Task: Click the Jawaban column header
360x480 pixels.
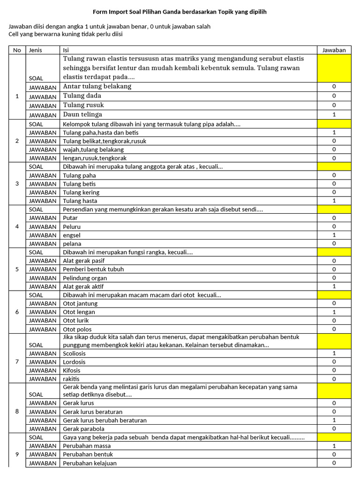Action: [334, 50]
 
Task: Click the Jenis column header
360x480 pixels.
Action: [36, 50]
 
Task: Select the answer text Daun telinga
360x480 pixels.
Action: [82, 114]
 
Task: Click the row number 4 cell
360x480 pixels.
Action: [17, 226]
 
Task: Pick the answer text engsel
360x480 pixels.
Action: [72, 235]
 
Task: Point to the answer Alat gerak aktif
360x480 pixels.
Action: [83, 286]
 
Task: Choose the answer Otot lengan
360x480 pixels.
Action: [79, 312]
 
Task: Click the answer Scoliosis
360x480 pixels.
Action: [74, 353]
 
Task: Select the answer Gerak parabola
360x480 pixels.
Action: [83, 429]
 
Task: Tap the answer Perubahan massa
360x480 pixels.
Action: [87, 446]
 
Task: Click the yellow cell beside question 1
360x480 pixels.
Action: [334, 68]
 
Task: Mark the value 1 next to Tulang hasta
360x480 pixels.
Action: [334, 201]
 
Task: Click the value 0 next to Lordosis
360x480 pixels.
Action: [334, 362]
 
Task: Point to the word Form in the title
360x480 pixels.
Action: [99, 11]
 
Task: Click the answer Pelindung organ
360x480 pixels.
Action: [85, 278]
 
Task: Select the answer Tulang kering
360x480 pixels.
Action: [81, 193]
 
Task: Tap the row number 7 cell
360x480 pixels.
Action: [17, 362]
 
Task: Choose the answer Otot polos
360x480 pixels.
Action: [77, 329]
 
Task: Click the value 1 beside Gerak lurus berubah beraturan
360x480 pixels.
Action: [334, 420]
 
